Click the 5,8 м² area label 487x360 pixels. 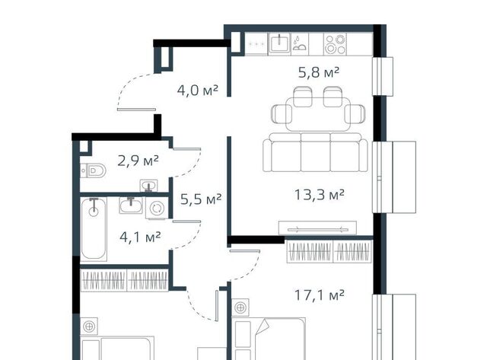[x=319, y=72]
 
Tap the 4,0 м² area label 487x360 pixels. [x=198, y=91]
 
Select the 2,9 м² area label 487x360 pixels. [x=138, y=161]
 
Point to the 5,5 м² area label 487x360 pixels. [x=201, y=199]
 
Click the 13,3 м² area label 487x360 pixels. [x=320, y=195]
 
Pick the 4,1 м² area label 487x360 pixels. [x=140, y=237]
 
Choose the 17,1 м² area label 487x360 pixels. [x=320, y=295]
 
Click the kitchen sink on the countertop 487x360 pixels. [x=279, y=43]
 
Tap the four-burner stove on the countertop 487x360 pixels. [x=335, y=44]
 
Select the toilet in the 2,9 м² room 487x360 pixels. [x=93, y=170]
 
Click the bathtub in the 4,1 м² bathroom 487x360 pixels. [x=94, y=228]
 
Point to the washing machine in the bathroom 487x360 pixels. [x=157, y=208]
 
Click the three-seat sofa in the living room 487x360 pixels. [x=315, y=152]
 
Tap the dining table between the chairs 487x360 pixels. [x=318, y=113]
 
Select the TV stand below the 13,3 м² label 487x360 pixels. [x=317, y=228]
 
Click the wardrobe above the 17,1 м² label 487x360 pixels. [x=329, y=251]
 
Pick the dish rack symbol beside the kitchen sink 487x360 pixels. [x=299, y=44]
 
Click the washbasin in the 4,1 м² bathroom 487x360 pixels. [x=131, y=205]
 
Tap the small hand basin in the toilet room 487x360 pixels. [x=149, y=186]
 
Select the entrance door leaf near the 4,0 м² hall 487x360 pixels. [x=136, y=110]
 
